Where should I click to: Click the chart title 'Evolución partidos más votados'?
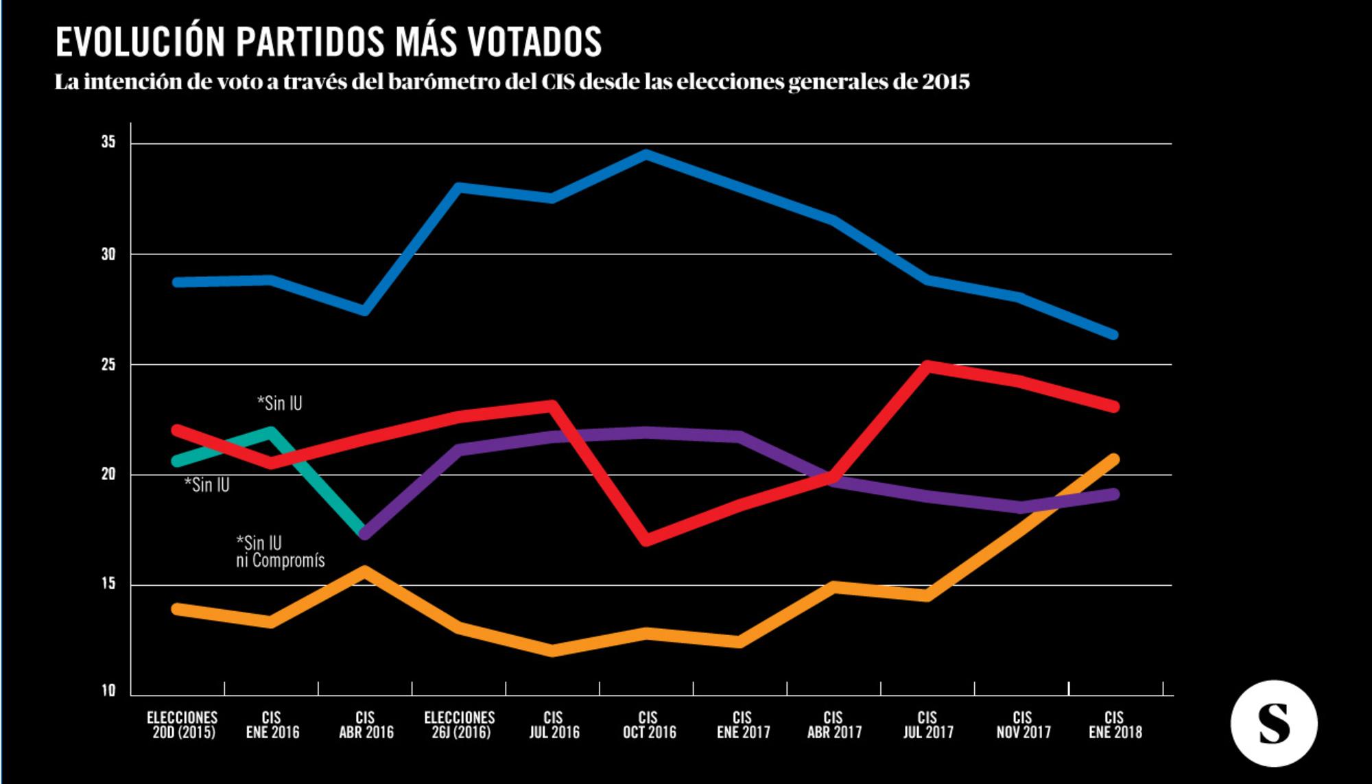(329, 42)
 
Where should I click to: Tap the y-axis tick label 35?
(108, 143)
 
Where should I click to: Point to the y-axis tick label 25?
(108, 365)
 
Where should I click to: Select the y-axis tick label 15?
(108, 584)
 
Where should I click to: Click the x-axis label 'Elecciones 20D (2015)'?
(182, 725)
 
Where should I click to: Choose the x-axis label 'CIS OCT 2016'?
(649, 725)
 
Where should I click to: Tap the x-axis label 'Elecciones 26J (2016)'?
(460, 725)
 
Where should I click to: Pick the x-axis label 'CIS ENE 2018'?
(1115, 725)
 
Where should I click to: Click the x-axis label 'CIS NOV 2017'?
(1023, 725)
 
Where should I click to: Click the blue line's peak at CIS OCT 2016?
(646, 154)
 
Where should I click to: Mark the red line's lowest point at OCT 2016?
(646, 541)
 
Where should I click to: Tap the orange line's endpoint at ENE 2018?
(1114, 459)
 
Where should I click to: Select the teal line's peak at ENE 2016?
(271, 432)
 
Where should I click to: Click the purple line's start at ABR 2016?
(365, 534)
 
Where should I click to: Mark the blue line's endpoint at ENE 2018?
(1114, 335)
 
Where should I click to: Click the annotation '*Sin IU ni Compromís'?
(280, 552)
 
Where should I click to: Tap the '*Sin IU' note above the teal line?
(280, 403)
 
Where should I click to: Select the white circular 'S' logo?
(1274, 724)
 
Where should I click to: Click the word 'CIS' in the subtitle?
(558, 82)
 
